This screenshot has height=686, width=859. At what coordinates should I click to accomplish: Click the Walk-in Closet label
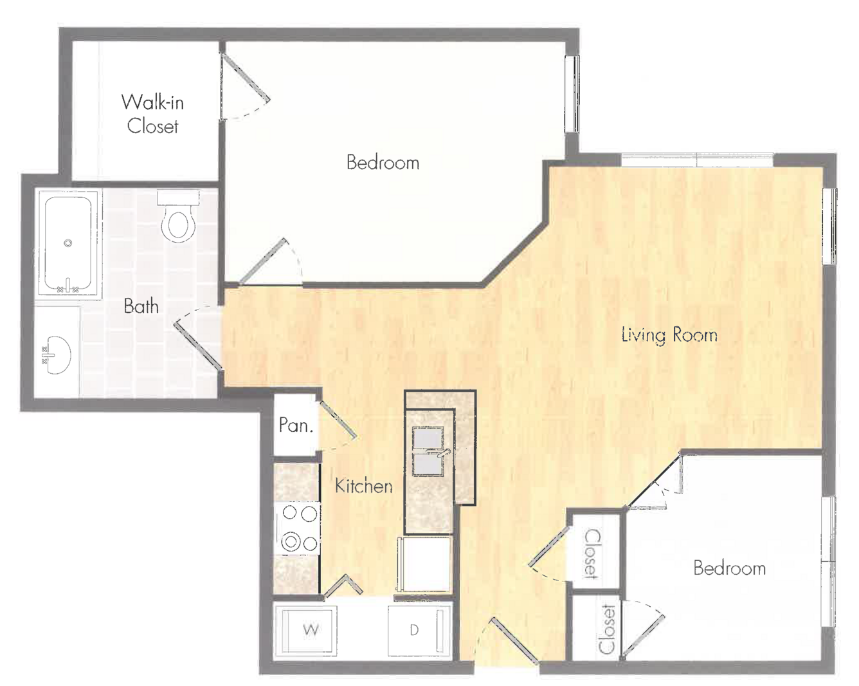tap(152, 114)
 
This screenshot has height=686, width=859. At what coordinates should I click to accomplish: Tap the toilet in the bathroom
tap(178, 216)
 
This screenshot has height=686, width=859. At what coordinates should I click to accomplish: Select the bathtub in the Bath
tap(68, 245)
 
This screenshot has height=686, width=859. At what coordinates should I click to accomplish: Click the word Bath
tap(141, 306)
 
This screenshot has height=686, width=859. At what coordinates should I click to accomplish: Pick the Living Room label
tap(669, 335)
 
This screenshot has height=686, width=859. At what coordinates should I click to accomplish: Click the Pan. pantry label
tap(296, 425)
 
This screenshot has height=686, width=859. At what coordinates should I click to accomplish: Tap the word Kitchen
tap(364, 486)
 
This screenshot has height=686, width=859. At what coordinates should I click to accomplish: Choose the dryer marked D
tap(419, 630)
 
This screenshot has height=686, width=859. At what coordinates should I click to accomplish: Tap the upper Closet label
tap(592, 553)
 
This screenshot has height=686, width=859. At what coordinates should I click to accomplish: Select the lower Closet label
tap(607, 629)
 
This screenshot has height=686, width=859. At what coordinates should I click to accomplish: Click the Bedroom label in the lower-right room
tap(730, 568)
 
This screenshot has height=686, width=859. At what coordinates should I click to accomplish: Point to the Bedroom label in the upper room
tap(383, 162)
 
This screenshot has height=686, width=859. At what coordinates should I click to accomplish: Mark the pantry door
tap(338, 420)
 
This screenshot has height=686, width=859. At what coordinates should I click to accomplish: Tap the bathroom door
tap(197, 346)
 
